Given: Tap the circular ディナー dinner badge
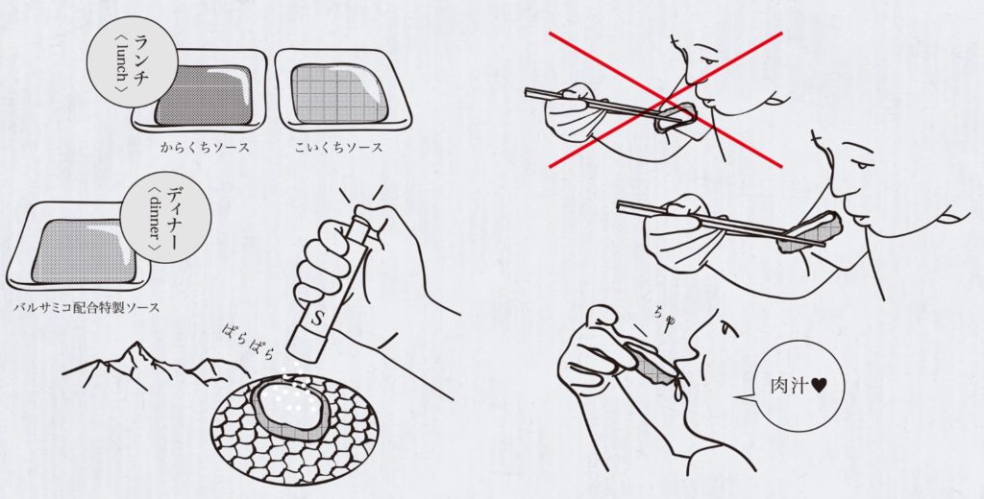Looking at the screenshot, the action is click(x=165, y=218).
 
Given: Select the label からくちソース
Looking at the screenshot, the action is click(x=206, y=148).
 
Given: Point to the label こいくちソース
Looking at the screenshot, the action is click(x=338, y=148).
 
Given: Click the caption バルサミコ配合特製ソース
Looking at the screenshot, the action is click(x=86, y=308).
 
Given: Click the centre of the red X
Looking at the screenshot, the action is click(x=667, y=100).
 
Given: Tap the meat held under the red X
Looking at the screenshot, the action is click(x=676, y=118).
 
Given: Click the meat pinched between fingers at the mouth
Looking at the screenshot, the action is click(x=656, y=368).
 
